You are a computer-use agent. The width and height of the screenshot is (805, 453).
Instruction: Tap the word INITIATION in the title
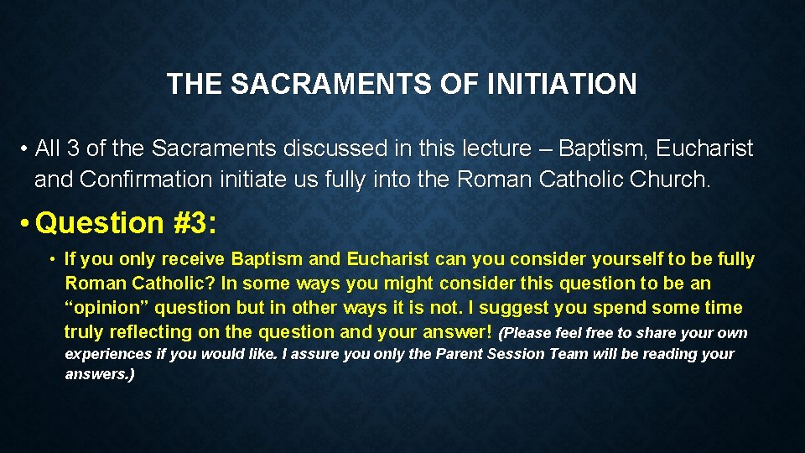tap(571, 84)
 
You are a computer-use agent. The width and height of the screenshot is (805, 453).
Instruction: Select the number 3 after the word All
tap(73, 148)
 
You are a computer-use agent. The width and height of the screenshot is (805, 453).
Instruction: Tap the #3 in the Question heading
tap(195, 223)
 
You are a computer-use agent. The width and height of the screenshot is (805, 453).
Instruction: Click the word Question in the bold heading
tap(100, 223)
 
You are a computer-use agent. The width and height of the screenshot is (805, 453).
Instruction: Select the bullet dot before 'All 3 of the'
tap(26, 149)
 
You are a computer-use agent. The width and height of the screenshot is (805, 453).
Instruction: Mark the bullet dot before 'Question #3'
tap(26, 224)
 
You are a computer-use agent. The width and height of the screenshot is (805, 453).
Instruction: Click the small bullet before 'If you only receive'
tap(52, 260)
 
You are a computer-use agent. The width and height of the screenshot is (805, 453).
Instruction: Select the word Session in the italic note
tap(515, 354)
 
